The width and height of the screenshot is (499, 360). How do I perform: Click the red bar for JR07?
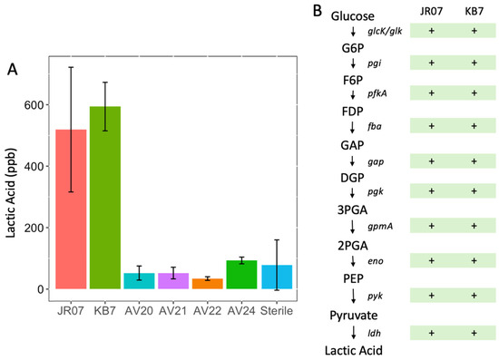[x=71, y=209]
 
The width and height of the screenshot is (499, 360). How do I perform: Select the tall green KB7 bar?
[x=105, y=198]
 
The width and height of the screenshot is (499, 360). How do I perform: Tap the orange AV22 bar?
[x=208, y=284]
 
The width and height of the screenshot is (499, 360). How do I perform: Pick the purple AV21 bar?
[x=173, y=281]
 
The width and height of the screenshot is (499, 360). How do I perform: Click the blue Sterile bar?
[x=277, y=277]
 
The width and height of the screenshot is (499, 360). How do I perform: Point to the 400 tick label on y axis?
[x=34, y=166]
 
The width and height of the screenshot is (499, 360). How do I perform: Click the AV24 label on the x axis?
[x=241, y=311]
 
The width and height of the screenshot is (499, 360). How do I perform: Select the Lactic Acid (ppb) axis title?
[x=11, y=193]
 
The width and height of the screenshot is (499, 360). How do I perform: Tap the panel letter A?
[x=13, y=69]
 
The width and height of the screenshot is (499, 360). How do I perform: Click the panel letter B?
[x=318, y=11]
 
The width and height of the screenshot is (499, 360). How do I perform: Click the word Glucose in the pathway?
[x=353, y=16]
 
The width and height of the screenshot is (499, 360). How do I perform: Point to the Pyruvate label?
[x=354, y=316]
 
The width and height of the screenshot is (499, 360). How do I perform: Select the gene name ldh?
[x=374, y=333]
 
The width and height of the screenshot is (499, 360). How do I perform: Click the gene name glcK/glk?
[x=385, y=31]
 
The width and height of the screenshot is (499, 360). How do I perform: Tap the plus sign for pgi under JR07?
[x=432, y=63]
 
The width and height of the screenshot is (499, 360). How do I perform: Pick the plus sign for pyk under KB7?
[x=475, y=295]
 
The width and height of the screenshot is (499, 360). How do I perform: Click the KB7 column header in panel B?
[x=475, y=11]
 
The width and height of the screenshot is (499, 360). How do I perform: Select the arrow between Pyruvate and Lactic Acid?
[x=353, y=332]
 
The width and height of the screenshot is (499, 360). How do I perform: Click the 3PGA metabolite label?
[x=353, y=209]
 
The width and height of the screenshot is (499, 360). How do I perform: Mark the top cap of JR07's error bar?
[x=71, y=67]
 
